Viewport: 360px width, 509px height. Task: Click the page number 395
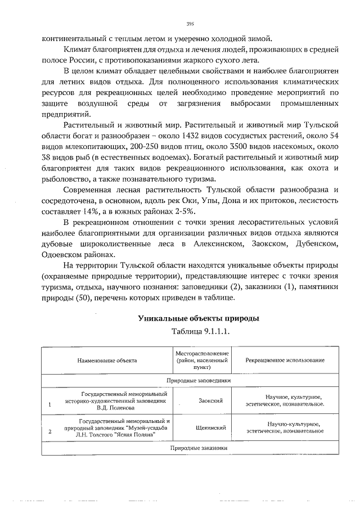190,24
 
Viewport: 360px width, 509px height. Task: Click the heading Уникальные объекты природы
199,318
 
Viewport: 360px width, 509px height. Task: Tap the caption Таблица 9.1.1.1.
199,332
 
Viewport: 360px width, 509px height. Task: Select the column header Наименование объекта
107,360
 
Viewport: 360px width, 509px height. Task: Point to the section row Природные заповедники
199,380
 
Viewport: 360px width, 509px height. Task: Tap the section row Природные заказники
199,448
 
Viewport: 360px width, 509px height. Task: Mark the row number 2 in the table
50,431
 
